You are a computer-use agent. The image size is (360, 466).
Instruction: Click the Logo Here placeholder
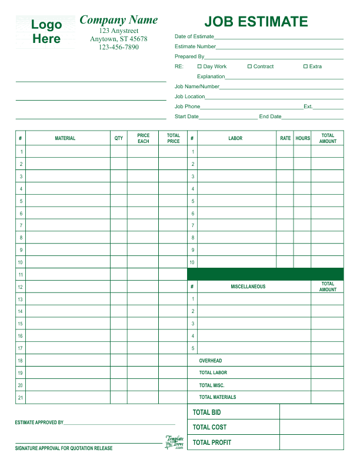tap(46, 32)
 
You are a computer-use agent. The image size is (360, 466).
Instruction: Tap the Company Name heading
tap(118, 19)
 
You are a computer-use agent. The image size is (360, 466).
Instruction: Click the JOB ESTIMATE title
tap(256, 22)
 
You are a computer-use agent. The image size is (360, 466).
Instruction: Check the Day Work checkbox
tap(199, 66)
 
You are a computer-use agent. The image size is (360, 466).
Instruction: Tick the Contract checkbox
tap(249, 66)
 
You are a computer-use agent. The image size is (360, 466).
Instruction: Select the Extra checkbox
tap(305, 66)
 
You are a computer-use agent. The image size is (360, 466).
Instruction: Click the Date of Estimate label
tap(194, 36)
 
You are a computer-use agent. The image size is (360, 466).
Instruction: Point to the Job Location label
tap(189, 96)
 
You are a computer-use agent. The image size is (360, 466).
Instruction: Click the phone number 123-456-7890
tap(118, 47)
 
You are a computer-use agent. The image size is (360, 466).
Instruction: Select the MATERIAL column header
tap(65, 138)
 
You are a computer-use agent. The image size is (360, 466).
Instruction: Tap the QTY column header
tap(119, 138)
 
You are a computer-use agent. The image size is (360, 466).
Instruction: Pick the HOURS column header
tap(302, 138)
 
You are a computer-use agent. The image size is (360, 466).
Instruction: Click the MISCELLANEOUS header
tap(248, 287)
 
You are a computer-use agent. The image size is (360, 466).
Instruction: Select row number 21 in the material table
tap(21, 398)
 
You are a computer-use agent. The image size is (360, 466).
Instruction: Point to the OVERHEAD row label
tap(211, 361)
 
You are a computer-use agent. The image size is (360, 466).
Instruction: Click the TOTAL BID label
tap(207, 412)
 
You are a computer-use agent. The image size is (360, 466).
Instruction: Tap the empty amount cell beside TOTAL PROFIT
tap(311, 442)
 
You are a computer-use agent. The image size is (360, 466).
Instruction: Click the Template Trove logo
tap(175, 442)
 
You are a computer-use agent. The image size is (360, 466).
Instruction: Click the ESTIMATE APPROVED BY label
tap(39, 422)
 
